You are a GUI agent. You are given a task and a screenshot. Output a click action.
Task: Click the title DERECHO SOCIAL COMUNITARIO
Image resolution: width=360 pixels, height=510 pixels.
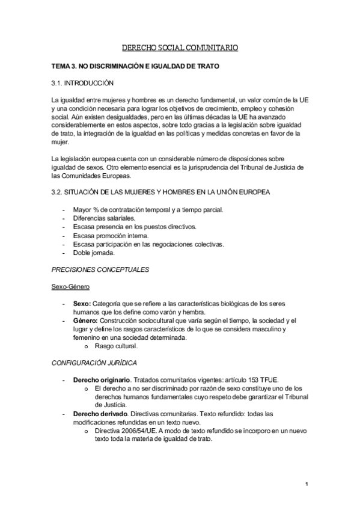pyautogui.click(x=180, y=46)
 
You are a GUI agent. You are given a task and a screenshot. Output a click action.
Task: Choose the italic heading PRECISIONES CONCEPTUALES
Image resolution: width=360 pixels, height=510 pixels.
pyautogui.click(x=100, y=269)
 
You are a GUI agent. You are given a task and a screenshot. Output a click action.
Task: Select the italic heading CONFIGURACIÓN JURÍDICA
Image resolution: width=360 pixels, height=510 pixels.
pyautogui.click(x=94, y=363)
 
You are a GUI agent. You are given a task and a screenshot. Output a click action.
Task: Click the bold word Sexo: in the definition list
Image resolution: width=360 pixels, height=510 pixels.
pyautogui.click(x=82, y=304)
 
